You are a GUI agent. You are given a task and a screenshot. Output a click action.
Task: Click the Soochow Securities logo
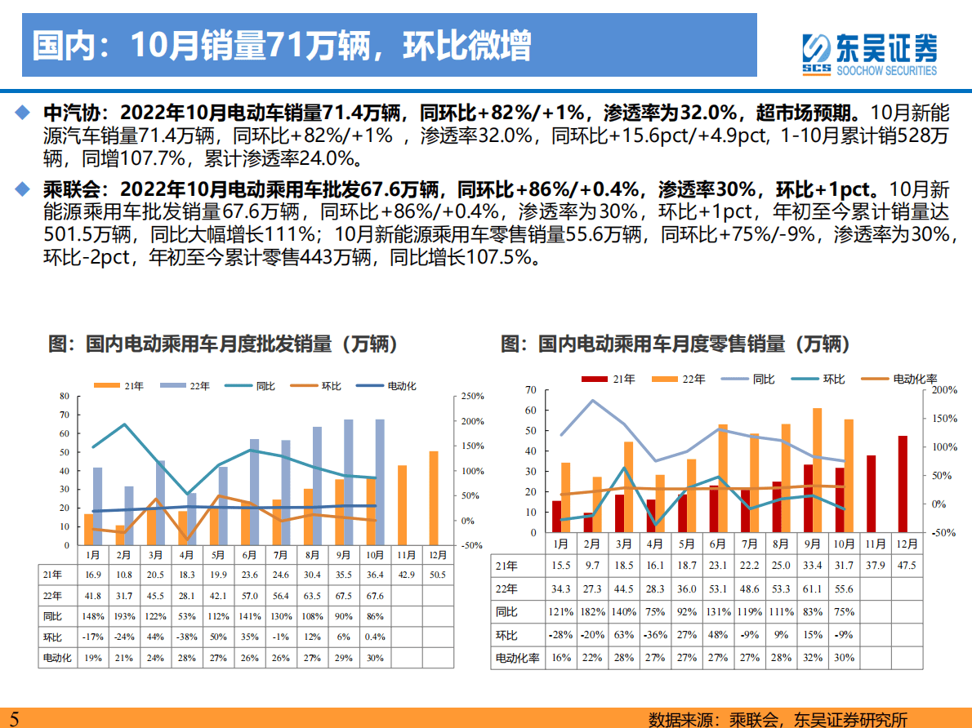tap(868, 54)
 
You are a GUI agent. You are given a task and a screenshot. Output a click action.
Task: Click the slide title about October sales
tap(282, 47)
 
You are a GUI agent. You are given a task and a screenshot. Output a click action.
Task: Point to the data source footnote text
tap(778, 719)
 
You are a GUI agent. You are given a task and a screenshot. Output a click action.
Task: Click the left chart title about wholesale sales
tap(223, 344)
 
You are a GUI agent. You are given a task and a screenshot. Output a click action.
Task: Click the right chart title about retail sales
tap(675, 344)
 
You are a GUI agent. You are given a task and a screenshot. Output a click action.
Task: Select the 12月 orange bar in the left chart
tap(434, 498)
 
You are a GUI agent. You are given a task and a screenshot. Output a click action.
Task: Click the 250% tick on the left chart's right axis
tap(472, 396)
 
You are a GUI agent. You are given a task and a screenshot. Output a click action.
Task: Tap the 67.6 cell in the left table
tap(374, 596)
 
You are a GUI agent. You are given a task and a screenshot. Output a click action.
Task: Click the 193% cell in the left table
tap(123, 615)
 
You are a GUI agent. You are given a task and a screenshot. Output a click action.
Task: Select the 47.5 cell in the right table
tap(903, 566)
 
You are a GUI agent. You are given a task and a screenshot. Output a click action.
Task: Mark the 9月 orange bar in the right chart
tap(818, 470)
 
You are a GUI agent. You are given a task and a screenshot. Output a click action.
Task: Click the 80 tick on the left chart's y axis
tap(65, 396)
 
